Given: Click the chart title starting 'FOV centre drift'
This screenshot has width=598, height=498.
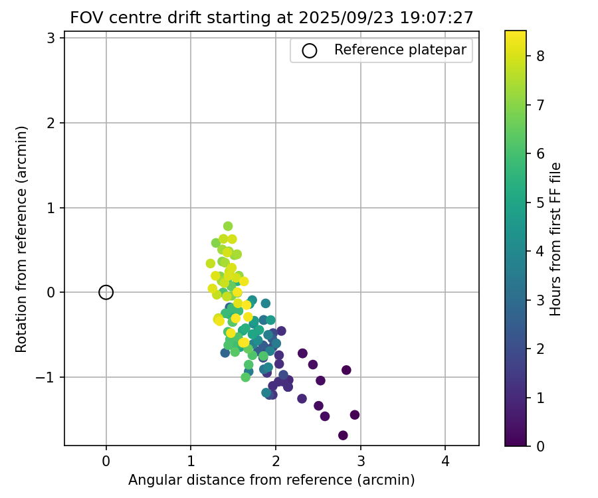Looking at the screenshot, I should (x=271, y=18).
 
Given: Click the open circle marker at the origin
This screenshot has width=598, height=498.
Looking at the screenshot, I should (x=106, y=292).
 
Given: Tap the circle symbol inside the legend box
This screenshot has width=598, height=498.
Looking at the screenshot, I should (x=310, y=50).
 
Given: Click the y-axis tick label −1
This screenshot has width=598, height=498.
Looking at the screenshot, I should (x=47, y=377).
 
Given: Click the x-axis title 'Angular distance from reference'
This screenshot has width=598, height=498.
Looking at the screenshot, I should (x=271, y=480).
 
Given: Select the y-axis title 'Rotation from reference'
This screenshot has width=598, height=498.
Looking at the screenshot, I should (x=22, y=239).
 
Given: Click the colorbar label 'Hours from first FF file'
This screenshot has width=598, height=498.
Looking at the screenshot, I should (x=556, y=239).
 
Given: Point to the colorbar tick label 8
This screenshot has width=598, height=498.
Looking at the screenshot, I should (x=541, y=56).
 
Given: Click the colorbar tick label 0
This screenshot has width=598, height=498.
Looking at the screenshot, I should (x=541, y=446).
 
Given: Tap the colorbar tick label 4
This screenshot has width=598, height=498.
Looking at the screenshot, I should (x=541, y=251).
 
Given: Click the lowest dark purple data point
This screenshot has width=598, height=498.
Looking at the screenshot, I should (x=343, y=436).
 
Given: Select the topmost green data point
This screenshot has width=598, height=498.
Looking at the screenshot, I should (x=228, y=226).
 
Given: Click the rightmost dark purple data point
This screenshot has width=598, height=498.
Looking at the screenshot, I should (x=355, y=415).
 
